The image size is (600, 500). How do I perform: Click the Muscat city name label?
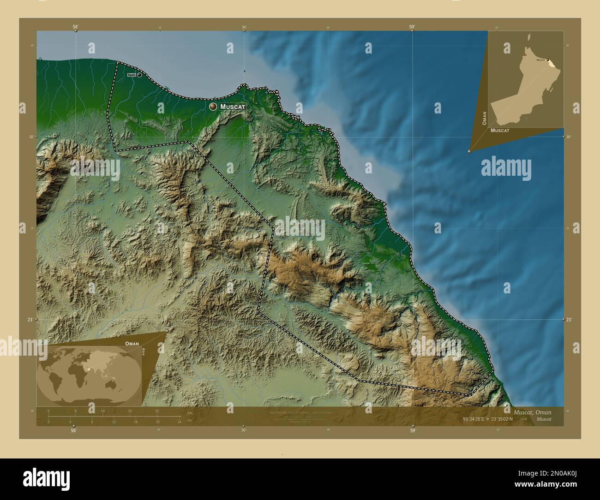[x=233, y=107]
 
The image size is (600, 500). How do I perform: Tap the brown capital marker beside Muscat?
[x=213, y=107]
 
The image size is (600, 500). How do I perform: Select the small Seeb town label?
[x=132, y=75]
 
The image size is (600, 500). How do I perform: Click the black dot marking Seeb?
[x=139, y=75]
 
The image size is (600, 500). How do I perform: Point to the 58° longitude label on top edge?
[x=75, y=27]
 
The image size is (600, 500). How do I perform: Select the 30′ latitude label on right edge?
[x=569, y=137]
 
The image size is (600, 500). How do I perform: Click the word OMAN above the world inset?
[x=132, y=344]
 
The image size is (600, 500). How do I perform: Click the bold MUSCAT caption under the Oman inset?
[x=500, y=131]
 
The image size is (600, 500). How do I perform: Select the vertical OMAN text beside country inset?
[x=484, y=118]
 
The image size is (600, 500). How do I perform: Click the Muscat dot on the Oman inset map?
[x=548, y=60]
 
